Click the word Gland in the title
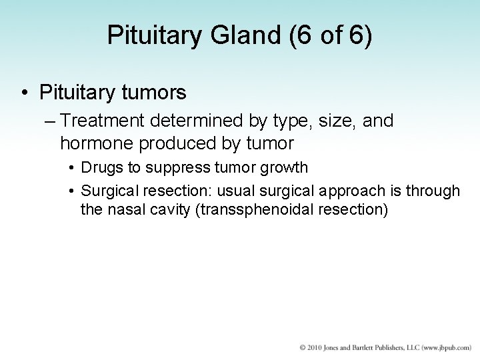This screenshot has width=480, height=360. (x=231, y=36)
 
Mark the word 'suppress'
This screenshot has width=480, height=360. (x=169, y=167)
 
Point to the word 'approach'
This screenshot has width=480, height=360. (x=353, y=191)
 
